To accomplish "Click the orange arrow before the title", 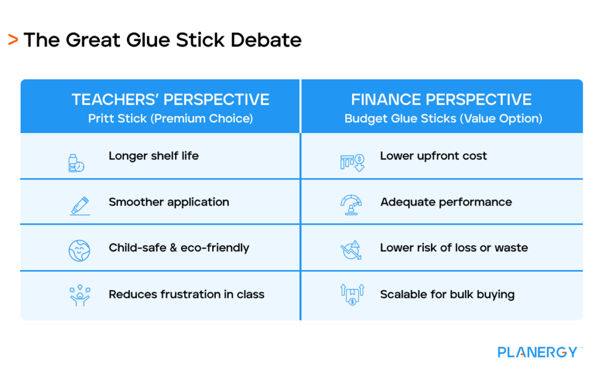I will [x=12, y=40].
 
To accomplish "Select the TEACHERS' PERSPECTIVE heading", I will [x=170, y=99].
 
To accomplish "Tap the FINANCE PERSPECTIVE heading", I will [x=442, y=99].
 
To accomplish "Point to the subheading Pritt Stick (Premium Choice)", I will [x=170, y=118].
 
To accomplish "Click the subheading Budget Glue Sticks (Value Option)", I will [x=443, y=118].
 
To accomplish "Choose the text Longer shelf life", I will [x=153, y=156].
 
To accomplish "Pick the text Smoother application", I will [x=169, y=202].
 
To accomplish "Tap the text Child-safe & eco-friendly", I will [x=179, y=248].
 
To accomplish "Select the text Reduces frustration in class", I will [x=186, y=294].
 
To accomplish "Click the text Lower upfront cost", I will [x=433, y=156].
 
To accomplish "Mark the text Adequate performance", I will [x=446, y=202].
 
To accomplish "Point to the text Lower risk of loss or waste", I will [x=454, y=248].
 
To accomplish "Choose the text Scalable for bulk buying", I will [x=447, y=294].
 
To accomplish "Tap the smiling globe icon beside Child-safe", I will [x=79, y=251].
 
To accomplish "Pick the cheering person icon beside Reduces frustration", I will [x=79, y=296].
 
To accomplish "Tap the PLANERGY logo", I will [x=538, y=352].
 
